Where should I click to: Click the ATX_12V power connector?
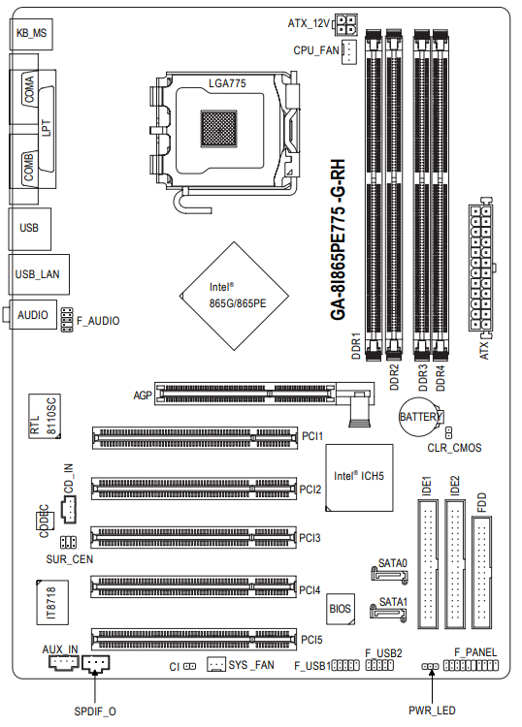(345, 25)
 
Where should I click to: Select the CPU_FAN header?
(349, 51)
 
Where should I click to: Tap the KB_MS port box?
(31, 34)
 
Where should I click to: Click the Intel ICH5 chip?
(359, 478)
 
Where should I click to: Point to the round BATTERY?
(421, 417)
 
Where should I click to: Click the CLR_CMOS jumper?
(448, 432)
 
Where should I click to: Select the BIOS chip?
(341, 609)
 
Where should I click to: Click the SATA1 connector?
(388, 613)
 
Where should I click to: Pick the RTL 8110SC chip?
(45, 416)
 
